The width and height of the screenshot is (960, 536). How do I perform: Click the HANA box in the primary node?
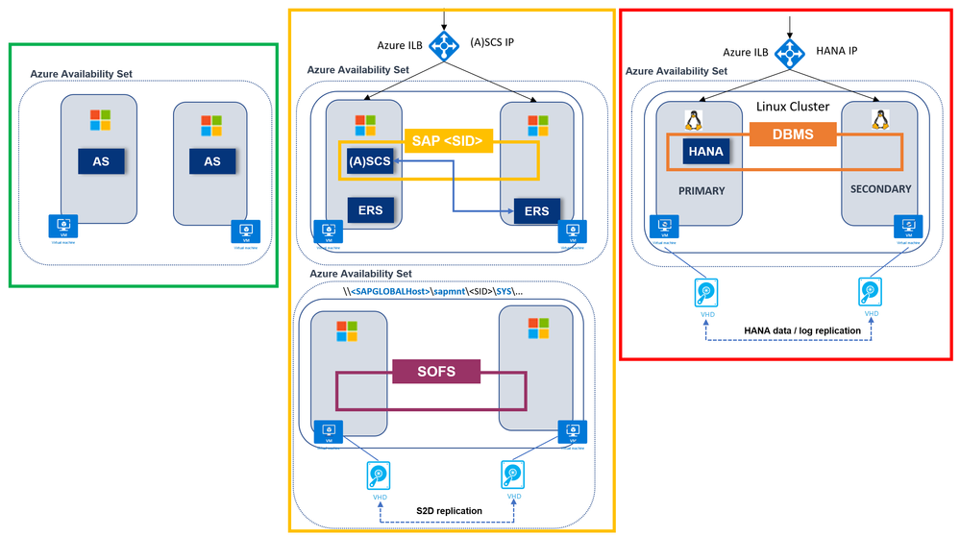(704, 150)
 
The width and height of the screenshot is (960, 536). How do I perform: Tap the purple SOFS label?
(435, 371)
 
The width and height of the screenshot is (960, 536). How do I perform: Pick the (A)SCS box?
(370, 161)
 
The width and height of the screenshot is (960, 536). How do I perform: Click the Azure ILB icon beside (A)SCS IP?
(444, 44)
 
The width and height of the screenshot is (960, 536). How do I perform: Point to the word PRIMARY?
(702, 191)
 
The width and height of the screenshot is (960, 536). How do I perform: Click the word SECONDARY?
(880, 189)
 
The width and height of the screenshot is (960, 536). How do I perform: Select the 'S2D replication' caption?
(450, 510)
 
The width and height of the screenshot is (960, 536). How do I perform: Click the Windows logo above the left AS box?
(101, 120)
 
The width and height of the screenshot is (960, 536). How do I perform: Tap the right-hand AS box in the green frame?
(211, 161)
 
